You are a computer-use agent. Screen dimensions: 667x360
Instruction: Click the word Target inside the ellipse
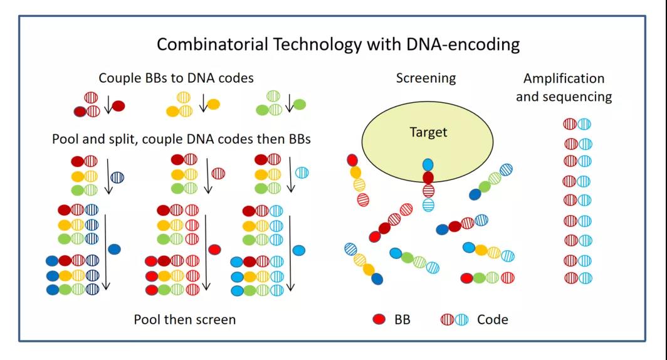(x=428, y=132)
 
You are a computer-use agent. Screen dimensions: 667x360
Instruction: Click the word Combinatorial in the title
(x=213, y=45)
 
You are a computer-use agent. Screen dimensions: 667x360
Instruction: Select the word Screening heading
(x=426, y=78)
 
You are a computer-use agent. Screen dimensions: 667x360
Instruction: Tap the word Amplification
(x=564, y=78)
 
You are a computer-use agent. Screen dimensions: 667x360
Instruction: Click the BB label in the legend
(x=402, y=320)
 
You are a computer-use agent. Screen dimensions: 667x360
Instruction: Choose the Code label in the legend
(x=493, y=320)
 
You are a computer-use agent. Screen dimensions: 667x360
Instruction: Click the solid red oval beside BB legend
(x=379, y=319)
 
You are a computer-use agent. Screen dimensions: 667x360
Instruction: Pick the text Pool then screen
(x=184, y=320)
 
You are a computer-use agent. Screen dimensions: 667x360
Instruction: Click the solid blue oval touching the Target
(x=428, y=165)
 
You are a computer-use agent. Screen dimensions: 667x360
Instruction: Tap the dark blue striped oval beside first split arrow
(x=117, y=177)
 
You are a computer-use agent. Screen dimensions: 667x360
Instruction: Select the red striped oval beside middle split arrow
(x=218, y=174)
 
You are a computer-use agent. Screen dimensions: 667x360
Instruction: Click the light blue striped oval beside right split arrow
(x=302, y=172)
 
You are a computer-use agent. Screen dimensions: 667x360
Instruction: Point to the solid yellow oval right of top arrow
(x=214, y=104)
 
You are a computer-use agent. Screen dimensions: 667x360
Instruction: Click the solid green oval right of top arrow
(x=300, y=104)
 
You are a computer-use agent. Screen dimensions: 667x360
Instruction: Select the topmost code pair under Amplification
(x=577, y=124)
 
